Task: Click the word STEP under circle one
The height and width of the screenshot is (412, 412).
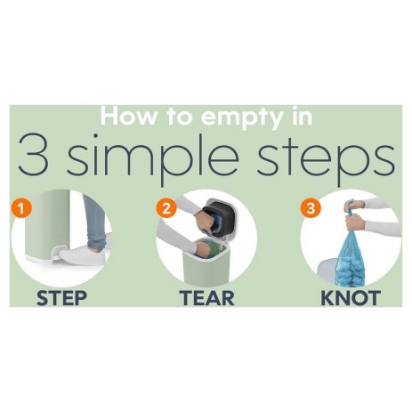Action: click(x=61, y=298)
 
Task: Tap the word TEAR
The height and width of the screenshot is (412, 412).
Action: click(x=206, y=298)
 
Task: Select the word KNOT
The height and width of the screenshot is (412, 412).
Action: click(x=351, y=298)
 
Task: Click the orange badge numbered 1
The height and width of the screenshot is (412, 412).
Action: click(x=21, y=208)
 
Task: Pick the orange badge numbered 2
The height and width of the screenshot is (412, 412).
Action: click(x=166, y=208)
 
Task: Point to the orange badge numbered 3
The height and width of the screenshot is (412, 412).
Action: click(x=311, y=208)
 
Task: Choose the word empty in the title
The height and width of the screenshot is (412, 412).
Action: click(x=242, y=118)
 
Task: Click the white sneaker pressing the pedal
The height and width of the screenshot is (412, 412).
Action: click(x=83, y=255)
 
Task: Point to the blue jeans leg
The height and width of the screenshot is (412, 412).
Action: click(x=95, y=222)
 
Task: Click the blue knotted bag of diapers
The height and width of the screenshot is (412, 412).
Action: click(x=351, y=258)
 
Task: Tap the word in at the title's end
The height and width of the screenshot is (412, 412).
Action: click(x=302, y=117)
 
